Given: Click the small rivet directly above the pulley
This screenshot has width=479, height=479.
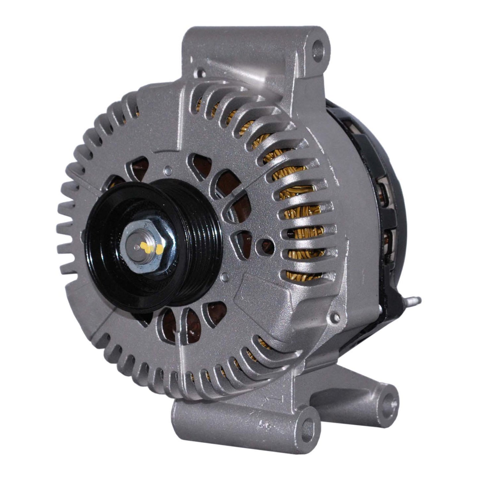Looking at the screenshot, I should (x=169, y=170).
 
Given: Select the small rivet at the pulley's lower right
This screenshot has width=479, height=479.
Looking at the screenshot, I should (x=226, y=275).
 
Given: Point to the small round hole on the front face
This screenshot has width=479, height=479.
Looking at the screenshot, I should (x=267, y=244).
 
